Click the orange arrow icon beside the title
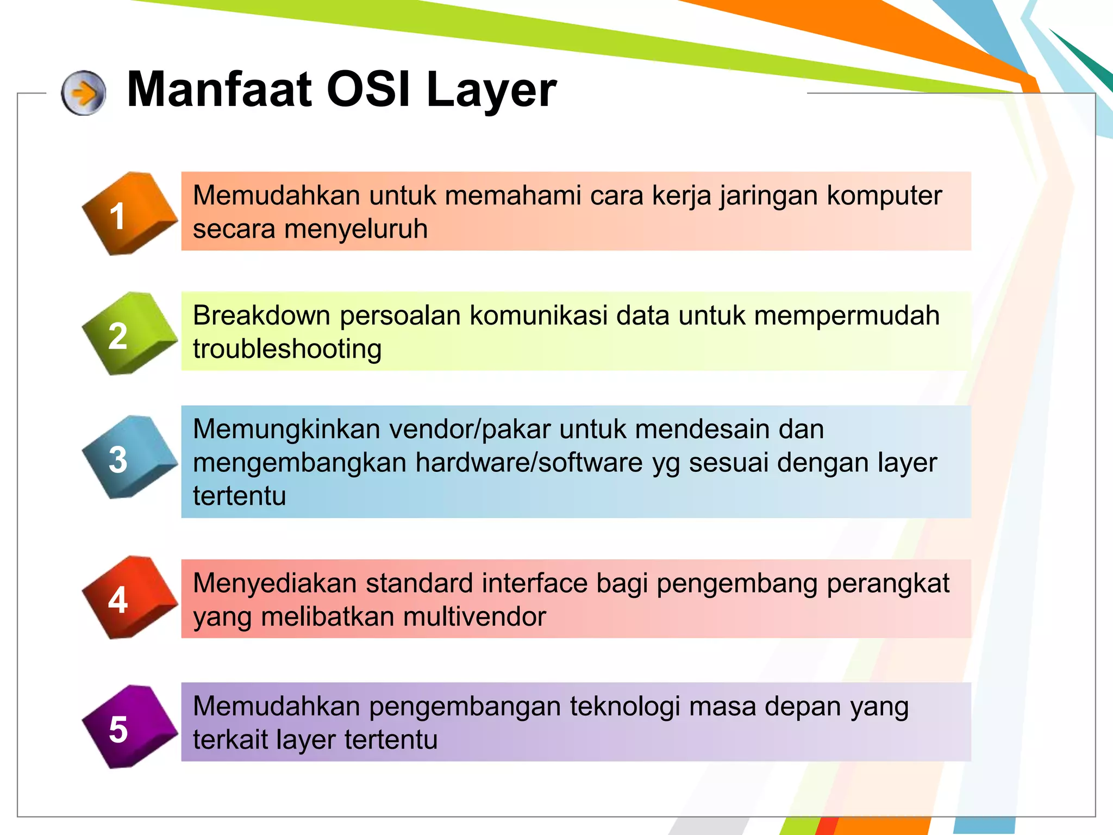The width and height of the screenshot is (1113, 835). tap(83, 93)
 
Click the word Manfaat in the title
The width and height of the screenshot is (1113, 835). tap(219, 90)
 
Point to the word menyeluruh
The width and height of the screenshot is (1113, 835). tap(356, 229)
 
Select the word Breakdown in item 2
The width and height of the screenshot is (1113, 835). tap(261, 315)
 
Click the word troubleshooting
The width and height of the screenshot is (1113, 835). tap(287, 349)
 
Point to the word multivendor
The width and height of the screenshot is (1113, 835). tap(474, 617)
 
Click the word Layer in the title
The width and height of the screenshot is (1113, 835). tap(491, 90)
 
